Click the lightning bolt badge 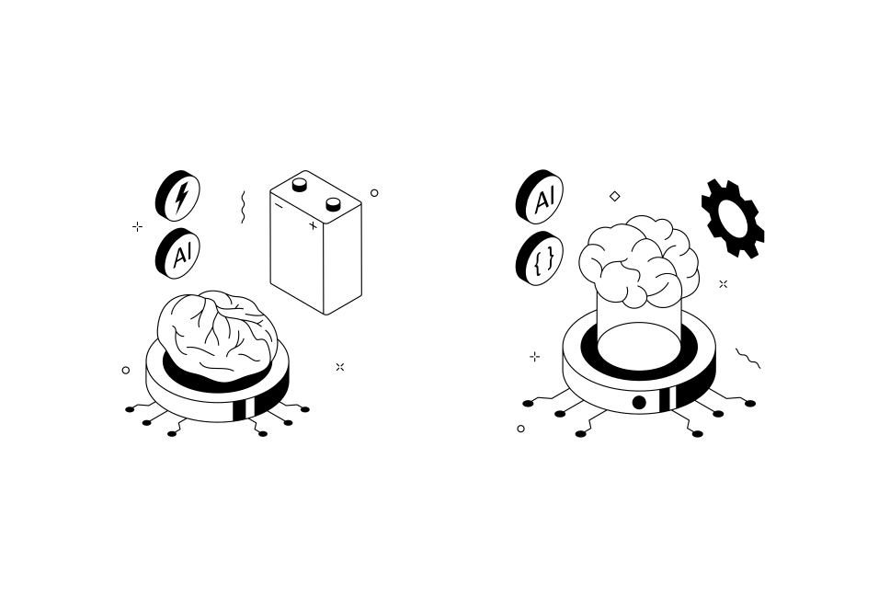178,196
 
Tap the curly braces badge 541,258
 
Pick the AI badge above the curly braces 541,197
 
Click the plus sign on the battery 313,225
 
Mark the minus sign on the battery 280,206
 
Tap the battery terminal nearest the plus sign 333,203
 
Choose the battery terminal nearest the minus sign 300,184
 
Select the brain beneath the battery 217,334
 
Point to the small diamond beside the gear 615,196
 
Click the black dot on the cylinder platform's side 639,403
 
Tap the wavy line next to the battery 243,207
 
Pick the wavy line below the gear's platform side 747,358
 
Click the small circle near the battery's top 374,193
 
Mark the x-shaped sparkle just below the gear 723,284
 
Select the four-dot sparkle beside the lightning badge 138,226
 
